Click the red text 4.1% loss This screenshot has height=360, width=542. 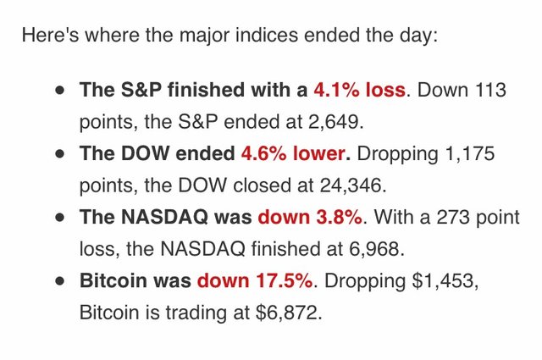pos(359,89)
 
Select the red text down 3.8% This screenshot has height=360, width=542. pos(310,217)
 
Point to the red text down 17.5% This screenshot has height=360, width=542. pos(256,280)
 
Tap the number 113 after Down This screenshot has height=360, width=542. pos(492,89)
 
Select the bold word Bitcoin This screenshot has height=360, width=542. pos(109,280)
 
